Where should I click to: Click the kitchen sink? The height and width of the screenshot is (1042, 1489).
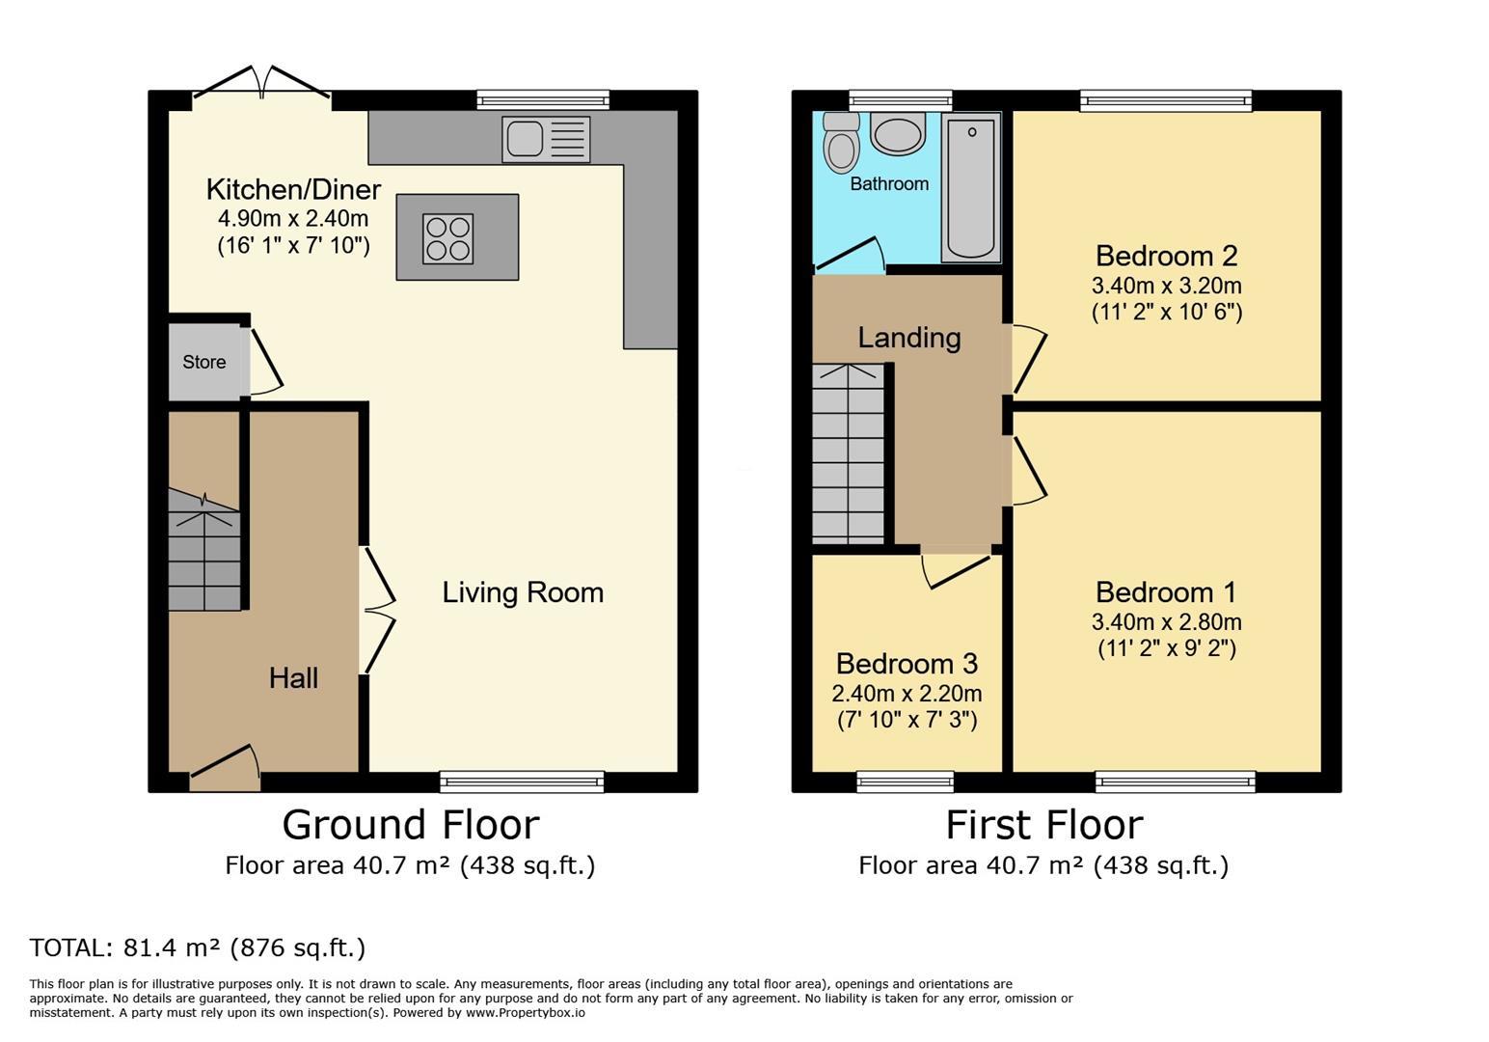pyautogui.click(x=546, y=140)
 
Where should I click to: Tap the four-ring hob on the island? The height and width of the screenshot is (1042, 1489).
pyautogui.click(x=448, y=238)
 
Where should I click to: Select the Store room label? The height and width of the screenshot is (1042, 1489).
pyautogui.click(x=204, y=362)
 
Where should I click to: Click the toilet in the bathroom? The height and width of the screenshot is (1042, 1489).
pyautogui.click(x=841, y=142)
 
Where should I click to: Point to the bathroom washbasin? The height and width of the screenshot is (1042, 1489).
pyautogui.click(x=897, y=134)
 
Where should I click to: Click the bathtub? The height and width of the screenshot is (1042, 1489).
pyautogui.click(x=971, y=187)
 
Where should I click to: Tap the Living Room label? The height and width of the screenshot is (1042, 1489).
pyautogui.click(x=523, y=592)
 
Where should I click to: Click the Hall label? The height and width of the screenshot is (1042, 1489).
pyautogui.click(x=293, y=678)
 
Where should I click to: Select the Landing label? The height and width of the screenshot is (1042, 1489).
pyautogui.click(x=909, y=338)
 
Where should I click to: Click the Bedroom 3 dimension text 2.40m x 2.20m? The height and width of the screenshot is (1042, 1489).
pyautogui.click(x=907, y=694)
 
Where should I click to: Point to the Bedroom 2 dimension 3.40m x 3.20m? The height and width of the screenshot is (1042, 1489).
pyautogui.click(x=1167, y=286)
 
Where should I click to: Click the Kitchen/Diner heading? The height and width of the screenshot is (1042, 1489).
pyautogui.click(x=293, y=189)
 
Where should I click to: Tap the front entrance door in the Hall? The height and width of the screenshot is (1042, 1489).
pyautogui.click(x=226, y=768)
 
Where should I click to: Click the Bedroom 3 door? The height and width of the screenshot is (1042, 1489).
pyautogui.click(x=956, y=570)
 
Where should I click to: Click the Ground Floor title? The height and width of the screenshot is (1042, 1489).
pyautogui.click(x=411, y=825)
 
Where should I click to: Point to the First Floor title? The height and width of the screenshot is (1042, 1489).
pyautogui.click(x=1044, y=825)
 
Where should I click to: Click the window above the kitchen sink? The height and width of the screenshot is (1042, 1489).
pyautogui.click(x=543, y=100)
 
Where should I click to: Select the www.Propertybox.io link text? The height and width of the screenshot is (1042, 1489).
pyautogui.click(x=526, y=1013)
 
